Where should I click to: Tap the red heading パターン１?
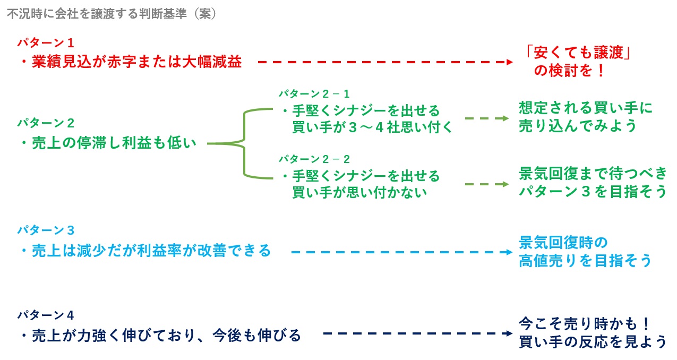tap(45, 42)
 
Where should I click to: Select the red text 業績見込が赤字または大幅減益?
tap(135, 62)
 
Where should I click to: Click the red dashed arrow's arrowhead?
tap(510, 62)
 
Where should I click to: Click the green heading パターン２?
tap(45, 123)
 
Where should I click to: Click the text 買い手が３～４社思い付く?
tap(372, 127)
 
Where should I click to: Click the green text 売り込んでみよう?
tap(578, 126)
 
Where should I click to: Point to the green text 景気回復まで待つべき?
tap(592, 174)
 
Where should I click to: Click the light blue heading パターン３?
tap(45, 230)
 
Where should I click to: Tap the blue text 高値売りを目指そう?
tap(585, 261)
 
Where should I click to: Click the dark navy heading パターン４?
tap(45, 314)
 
